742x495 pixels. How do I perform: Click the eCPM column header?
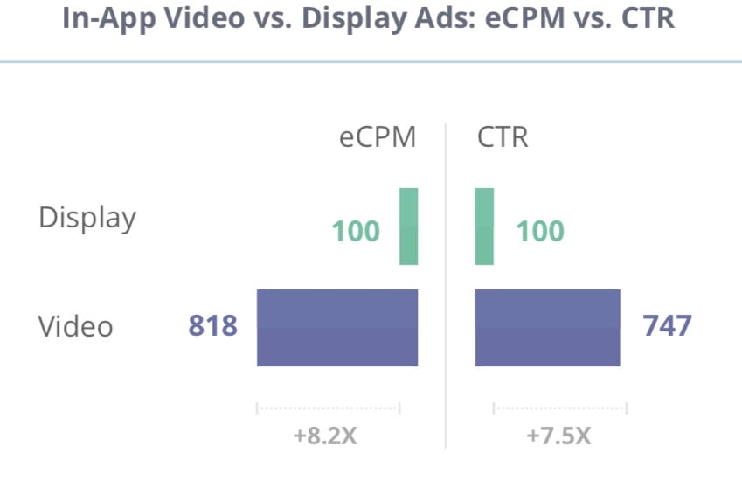tap(378, 138)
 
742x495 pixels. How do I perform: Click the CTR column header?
tap(503, 138)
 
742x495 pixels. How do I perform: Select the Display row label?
tap(87, 218)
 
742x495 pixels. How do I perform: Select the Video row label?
tap(75, 326)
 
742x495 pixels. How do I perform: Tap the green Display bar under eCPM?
tap(409, 226)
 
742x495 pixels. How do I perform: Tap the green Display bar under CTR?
tap(484, 226)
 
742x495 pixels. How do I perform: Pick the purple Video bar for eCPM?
tap(337, 327)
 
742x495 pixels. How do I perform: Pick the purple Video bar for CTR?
tap(547, 327)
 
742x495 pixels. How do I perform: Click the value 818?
tap(212, 326)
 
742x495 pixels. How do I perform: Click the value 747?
tap(667, 326)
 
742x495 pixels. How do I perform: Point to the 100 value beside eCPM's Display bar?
tap(356, 232)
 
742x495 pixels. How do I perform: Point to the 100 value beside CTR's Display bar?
tap(539, 232)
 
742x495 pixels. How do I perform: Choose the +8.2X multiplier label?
tap(325, 436)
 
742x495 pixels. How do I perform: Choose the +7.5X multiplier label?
tap(558, 436)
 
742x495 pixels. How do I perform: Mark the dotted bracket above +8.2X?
tap(328, 408)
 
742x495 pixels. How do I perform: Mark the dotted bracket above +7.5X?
tap(559, 408)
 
